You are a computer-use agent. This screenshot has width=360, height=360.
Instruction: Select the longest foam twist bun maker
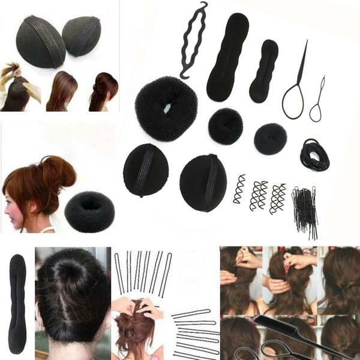(227, 57)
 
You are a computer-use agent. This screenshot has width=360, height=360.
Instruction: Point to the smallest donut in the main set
(270, 139)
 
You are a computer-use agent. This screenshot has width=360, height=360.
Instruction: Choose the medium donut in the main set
(226, 125)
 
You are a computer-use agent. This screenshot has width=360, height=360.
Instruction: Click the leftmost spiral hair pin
(239, 190)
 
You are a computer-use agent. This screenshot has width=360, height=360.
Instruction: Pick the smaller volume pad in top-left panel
(82, 35)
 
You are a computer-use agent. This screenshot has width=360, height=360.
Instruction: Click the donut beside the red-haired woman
(89, 211)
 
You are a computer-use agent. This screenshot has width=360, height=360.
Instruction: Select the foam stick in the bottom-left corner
(17, 304)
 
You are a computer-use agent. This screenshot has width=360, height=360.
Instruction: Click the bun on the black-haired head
(71, 273)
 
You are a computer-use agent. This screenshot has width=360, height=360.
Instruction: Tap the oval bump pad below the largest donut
(146, 170)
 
